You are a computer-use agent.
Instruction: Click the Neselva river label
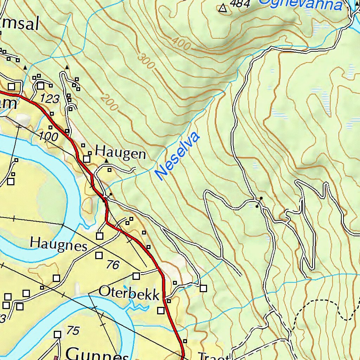point(178,156)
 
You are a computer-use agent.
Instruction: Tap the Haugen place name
point(121,154)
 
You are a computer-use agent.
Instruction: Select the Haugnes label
point(58,244)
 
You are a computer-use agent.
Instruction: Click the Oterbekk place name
point(129,293)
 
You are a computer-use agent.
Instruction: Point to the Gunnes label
point(97,353)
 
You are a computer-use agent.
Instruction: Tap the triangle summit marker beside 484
point(223,8)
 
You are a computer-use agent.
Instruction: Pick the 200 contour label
point(109,102)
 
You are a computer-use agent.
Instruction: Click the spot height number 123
point(49,99)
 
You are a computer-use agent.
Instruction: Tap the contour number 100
point(48,136)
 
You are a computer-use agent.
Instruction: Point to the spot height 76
point(113,264)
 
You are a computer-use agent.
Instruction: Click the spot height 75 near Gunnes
point(73,331)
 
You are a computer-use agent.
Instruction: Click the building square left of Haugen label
point(87,159)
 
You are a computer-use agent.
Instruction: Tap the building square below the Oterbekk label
point(161,310)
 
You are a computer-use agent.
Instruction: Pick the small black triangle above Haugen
point(107,161)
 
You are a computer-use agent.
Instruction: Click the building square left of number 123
point(40,85)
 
